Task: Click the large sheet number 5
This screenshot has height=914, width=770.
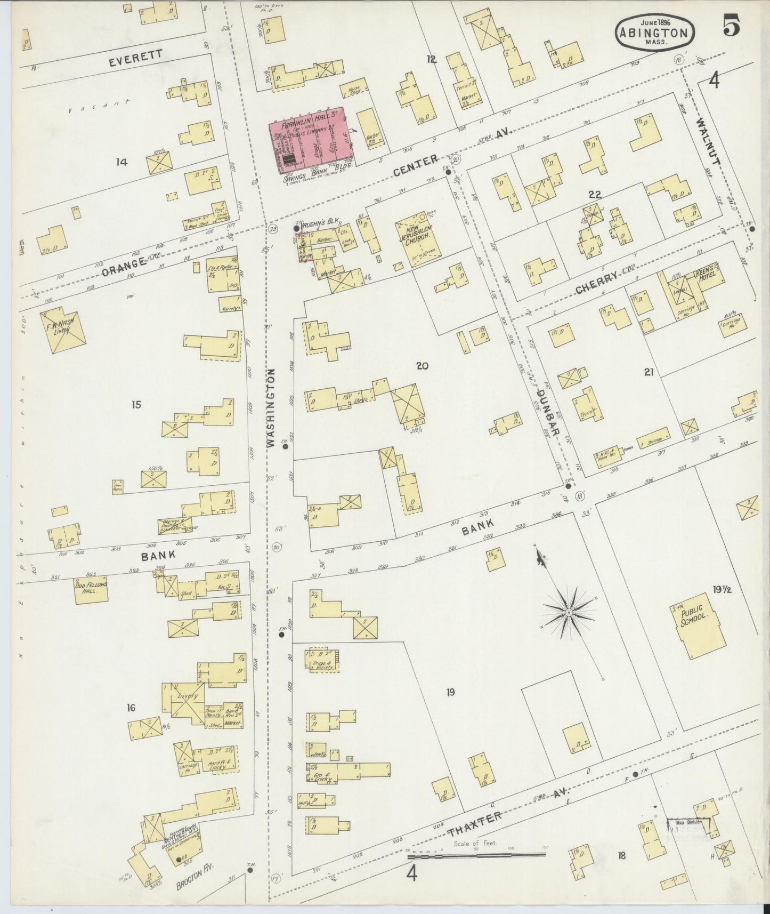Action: (731, 28)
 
